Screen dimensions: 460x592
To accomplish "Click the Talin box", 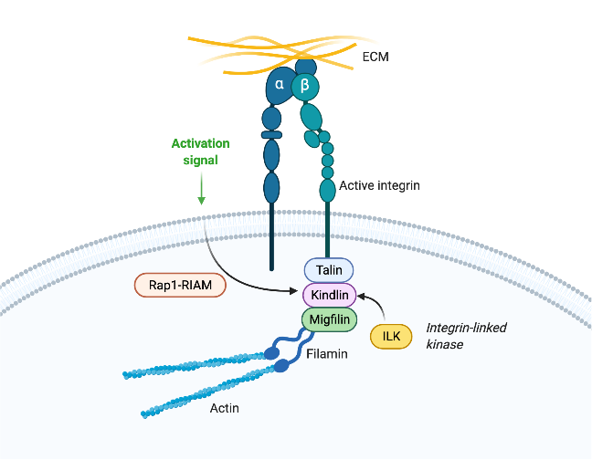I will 328,270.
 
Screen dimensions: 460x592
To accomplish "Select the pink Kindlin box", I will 328,295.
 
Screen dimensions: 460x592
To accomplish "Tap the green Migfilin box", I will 328,319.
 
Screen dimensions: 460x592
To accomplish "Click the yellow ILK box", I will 391,336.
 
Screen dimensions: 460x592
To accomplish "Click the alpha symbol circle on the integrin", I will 280,85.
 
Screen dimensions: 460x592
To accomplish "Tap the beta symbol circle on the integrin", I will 306,86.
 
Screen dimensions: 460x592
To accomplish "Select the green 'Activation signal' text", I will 201,151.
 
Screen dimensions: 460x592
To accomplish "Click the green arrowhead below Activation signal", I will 201,200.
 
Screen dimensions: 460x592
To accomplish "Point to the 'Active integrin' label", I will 379,186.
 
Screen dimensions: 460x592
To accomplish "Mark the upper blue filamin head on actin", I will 271,350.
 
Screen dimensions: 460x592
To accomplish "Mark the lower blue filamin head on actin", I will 281,367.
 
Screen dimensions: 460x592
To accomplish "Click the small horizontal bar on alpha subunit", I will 271,135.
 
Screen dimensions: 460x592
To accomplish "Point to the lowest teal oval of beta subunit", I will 327,190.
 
